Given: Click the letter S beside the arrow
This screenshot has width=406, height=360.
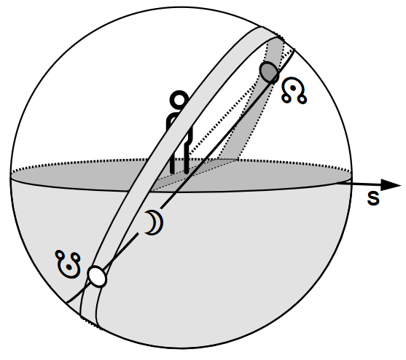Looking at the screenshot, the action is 373,198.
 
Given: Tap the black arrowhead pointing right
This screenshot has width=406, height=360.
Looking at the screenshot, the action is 391,185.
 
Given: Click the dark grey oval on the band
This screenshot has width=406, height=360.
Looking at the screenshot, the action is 270,72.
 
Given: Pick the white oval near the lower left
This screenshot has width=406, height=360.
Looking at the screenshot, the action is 97,276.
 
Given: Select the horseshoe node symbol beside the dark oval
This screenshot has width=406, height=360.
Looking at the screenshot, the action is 294,90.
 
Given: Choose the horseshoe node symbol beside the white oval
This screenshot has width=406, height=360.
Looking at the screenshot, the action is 68,264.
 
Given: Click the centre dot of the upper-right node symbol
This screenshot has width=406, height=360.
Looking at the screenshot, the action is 293,88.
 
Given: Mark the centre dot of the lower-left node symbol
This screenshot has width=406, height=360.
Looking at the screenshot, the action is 69,267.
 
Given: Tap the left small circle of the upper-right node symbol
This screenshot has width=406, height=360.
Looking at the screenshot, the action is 286,98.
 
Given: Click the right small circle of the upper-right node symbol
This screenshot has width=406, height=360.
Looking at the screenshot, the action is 302,99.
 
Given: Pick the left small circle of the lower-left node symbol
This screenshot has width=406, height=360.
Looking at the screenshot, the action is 60,255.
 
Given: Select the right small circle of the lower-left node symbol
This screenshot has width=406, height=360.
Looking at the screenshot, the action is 76,258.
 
